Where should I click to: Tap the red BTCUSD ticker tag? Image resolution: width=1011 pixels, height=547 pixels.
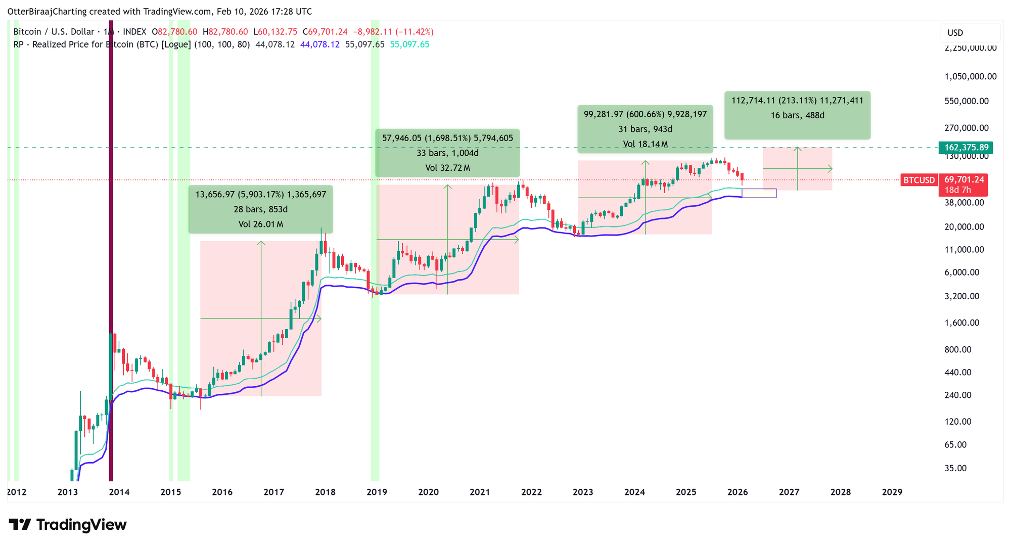(918, 180)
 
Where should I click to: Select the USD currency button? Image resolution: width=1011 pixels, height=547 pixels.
(955, 33)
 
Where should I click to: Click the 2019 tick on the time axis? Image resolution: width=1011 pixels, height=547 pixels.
(377, 492)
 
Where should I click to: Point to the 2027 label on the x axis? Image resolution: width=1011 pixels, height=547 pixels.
(789, 492)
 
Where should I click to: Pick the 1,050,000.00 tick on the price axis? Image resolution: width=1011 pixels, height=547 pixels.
(970, 77)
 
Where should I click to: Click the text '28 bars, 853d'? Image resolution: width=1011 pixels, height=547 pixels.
(260, 209)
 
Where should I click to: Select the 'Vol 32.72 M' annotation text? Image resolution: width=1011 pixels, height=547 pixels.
(447, 168)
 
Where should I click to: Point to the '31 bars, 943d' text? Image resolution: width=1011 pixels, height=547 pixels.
(645, 129)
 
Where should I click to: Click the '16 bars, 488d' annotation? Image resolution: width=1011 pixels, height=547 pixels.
(797, 115)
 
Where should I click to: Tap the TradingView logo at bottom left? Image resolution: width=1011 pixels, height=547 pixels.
(68, 525)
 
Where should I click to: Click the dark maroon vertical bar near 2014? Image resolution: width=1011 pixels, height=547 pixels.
(111, 253)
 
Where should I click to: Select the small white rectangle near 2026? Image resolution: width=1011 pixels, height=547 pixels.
(759, 193)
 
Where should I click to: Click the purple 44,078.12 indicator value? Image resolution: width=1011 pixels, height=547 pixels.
(319, 44)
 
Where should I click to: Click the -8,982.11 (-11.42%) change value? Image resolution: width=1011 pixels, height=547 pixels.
(393, 32)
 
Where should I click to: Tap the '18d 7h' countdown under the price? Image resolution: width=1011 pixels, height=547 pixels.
(957, 190)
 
